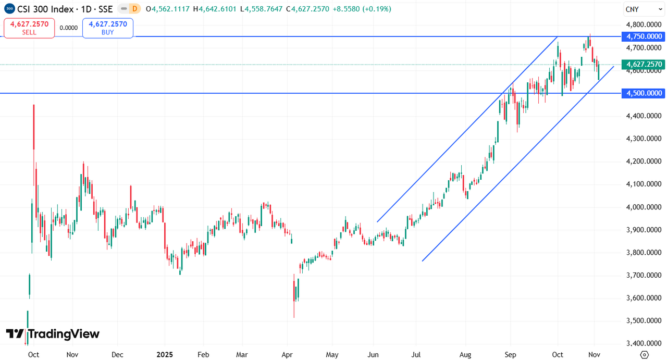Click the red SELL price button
click(x=29, y=28)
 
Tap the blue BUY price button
click(x=107, y=28)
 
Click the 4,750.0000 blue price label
click(x=644, y=36)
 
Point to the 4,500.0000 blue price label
click(x=644, y=93)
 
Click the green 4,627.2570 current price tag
click(x=644, y=65)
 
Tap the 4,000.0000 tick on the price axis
click(x=644, y=207)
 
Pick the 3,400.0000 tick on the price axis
click(x=644, y=343)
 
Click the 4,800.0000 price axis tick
click(x=644, y=24)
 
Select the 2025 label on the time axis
click(x=165, y=355)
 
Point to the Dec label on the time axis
click(x=117, y=355)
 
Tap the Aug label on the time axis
click(x=465, y=355)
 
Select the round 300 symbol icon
click(x=9, y=9)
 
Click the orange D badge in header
click(x=135, y=9)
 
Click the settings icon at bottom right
click(x=644, y=355)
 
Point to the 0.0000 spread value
click(x=68, y=28)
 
